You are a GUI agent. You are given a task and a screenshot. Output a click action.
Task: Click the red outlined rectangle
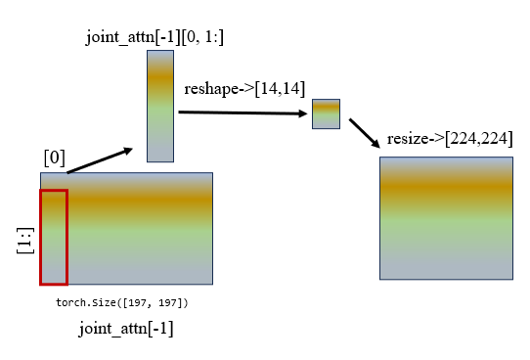pos(54,237)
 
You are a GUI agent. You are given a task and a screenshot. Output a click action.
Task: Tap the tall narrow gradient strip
pos(159,106)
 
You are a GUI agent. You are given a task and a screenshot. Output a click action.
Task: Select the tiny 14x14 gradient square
pos(326,113)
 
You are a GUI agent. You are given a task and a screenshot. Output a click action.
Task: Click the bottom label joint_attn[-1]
pos(126,330)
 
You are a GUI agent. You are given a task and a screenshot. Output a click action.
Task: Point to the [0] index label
pos(55,157)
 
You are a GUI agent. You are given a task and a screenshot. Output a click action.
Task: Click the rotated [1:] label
pos(25,237)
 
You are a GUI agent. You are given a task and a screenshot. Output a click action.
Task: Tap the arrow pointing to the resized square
pos(364,134)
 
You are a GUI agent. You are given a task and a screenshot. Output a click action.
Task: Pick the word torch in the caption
pos(74,304)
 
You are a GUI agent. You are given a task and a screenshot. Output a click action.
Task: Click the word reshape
pos(210,89)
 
